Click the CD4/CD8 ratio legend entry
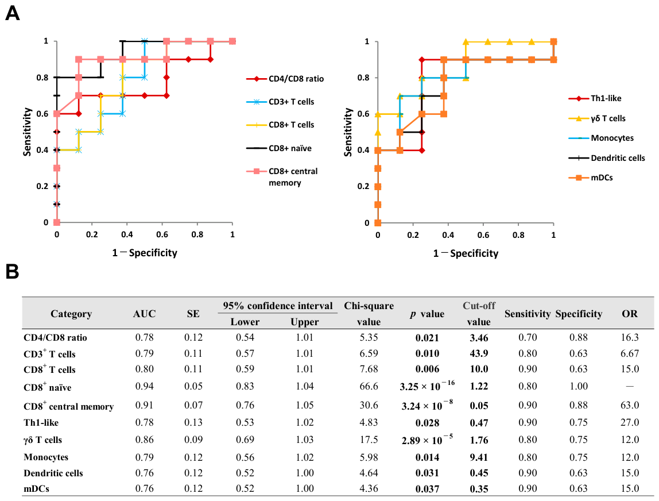[x=285, y=79]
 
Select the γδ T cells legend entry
[x=597, y=118]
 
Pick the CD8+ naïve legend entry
[x=279, y=148]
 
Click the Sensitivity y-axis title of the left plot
[x=28, y=132]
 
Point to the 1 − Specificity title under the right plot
[x=466, y=253]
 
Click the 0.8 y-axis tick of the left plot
[x=42, y=78]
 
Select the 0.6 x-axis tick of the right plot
[x=483, y=235]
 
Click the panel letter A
[x=12, y=13]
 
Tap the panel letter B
[x=12, y=271]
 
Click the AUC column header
[x=144, y=314]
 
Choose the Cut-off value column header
[x=479, y=314]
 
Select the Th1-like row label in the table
[x=41, y=422]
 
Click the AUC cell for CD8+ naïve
[x=144, y=386]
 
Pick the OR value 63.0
[x=630, y=405]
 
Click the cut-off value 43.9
[x=479, y=353]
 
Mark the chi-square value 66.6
[x=369, y=386]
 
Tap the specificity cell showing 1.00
[x=578, y=386]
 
